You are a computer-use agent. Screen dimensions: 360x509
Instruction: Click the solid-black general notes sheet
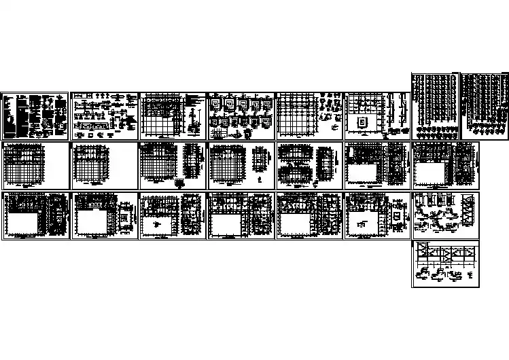[x=35, y=116]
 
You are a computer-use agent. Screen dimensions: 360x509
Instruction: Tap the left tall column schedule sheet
[x=435, y=105]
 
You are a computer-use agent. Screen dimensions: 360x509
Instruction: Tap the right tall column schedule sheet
[x=483, y=105]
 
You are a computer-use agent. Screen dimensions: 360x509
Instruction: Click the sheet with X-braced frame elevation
[x=445, y=264]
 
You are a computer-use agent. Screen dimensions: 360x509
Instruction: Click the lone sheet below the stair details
[x=445, y=264]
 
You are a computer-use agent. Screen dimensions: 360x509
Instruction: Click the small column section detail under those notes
[x=194, y=127]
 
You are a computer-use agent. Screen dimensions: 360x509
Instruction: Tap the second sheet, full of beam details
[x=103, y=115]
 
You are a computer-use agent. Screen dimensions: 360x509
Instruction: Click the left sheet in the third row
[x=35, y=215]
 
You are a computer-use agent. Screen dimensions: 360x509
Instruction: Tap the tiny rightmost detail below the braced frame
[x=470, y=275]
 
